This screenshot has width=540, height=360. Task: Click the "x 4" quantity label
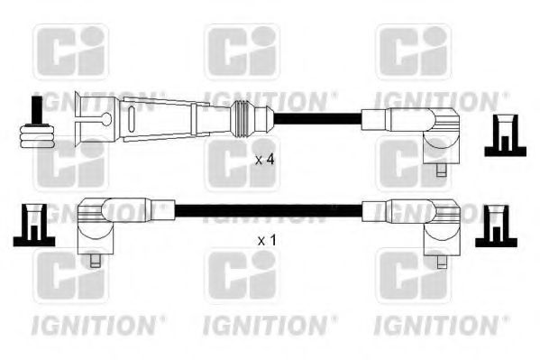(x=264, y=160)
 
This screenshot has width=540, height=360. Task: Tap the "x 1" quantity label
(x=267, y=240)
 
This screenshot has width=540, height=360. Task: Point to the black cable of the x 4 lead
(x=317, y=119)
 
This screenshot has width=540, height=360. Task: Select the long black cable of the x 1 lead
(x=269, y=210)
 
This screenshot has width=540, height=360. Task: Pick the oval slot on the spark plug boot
(x=132, y=119)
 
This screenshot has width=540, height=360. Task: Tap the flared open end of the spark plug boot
(x=79, y=119)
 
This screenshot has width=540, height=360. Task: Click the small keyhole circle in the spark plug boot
(x=107, y=119)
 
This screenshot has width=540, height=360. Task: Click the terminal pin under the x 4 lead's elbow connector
(x=441, y=170)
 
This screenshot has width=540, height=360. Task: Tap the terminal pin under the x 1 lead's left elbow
(x=95, y=261)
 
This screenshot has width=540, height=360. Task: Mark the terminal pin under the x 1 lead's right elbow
(x=442, y=262)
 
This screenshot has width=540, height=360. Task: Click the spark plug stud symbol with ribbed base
(x=37, y=123)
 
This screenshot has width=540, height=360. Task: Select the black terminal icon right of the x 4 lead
(x=505, y=136)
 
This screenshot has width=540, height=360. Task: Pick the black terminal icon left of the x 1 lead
(x=34, y=226)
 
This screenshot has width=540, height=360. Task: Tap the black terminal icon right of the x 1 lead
(x=496, y=226)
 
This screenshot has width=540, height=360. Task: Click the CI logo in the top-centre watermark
(x=243, y=51)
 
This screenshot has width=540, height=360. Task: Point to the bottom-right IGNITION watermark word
(x=436, y=326)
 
